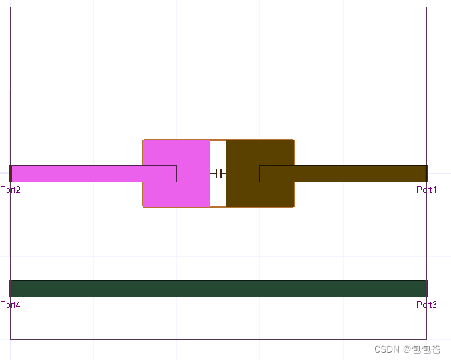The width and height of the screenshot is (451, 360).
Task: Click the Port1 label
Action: [426, 190]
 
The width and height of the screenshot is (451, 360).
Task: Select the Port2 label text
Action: [11, 190]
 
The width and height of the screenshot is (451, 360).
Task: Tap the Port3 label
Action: [426, 305]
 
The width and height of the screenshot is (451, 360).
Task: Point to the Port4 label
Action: [11, 305]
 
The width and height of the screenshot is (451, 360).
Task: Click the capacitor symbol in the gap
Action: [218, 174]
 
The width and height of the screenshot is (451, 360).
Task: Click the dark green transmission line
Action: [218, 289]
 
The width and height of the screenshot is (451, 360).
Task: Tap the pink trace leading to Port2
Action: [94, 174]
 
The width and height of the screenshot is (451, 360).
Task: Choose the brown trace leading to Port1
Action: [343, 174]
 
